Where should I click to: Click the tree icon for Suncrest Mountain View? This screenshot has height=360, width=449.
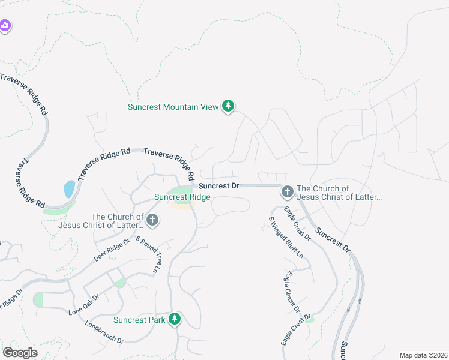228,106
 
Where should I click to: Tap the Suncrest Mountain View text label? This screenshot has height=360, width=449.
173,107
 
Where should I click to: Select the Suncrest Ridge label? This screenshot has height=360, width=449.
182,197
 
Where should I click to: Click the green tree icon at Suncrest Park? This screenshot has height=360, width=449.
175,319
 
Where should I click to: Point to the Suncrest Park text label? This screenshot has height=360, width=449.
139,320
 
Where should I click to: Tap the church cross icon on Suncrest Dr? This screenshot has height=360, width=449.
287,191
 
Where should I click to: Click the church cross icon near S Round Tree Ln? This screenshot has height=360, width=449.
152,220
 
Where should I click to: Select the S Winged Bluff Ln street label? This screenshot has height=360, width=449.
286,237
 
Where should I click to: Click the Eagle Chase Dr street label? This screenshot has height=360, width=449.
292,292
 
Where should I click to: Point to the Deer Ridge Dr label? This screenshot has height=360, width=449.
112,250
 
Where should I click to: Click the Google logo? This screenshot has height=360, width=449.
20,352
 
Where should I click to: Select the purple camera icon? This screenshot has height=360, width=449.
5,26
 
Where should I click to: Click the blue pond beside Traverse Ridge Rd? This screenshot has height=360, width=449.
69,189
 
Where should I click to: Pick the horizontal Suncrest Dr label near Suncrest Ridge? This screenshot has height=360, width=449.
218,186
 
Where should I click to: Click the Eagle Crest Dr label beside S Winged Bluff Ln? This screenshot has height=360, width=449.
298,223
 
